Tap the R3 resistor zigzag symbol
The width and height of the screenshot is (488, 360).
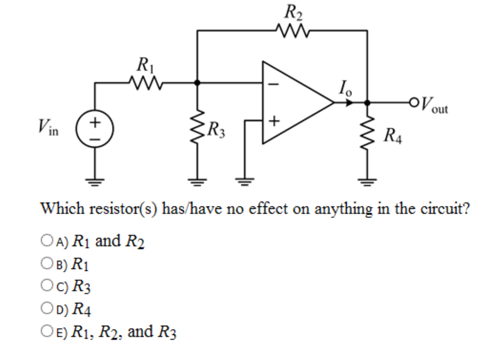197,130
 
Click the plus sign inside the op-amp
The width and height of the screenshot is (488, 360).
275,121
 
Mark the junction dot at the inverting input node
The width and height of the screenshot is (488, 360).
197,83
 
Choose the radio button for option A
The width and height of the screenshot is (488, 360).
46,242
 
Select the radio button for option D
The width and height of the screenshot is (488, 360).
46,309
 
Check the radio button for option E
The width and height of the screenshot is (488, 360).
46,332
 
